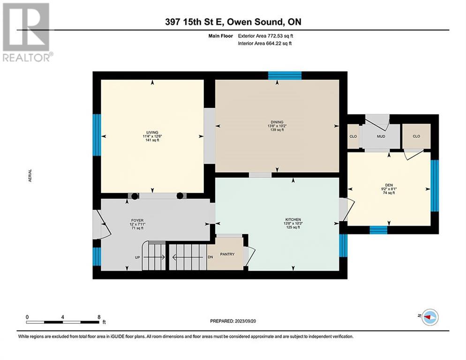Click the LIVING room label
point(152,133)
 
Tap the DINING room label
point(277,122)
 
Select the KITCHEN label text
point(293,220)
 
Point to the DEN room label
point(389,185)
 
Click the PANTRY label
point(227,254)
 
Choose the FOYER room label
point(137,221)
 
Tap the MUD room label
point(381,136)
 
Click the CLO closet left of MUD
point(353,136)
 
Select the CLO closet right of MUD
point(416,136)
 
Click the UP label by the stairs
point(137,257)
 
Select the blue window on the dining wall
point(285,75)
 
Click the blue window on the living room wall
point(97,135)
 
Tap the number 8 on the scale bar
point(99,317)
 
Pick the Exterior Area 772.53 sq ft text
point(265,36)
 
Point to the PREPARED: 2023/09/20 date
point(233,321)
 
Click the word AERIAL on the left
point(30,176)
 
